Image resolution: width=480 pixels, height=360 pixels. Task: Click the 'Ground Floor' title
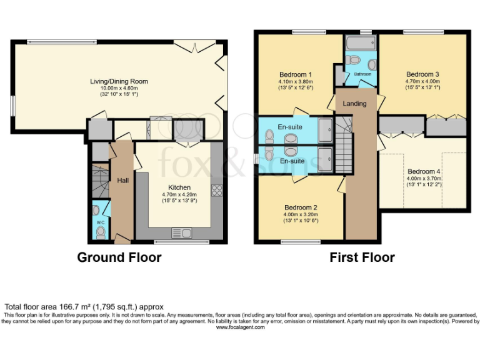[x=119, y=257]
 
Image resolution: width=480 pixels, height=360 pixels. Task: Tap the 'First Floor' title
[x=362, y=257]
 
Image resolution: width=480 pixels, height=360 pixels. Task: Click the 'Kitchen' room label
[x=179, y=187]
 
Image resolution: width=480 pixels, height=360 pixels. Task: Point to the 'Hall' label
[x=123, y=180]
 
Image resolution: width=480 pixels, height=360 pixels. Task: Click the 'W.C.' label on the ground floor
[x=100, y=222]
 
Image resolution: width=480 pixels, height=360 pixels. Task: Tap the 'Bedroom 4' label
[x=424, y=171]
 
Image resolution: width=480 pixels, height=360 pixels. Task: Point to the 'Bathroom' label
[x=362, y=74]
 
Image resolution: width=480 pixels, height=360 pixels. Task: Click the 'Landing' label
[x=355, y=104]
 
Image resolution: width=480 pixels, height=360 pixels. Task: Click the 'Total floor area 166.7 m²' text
[x=84, y=307]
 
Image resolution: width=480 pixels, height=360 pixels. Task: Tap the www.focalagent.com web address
[x=240, y=327]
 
